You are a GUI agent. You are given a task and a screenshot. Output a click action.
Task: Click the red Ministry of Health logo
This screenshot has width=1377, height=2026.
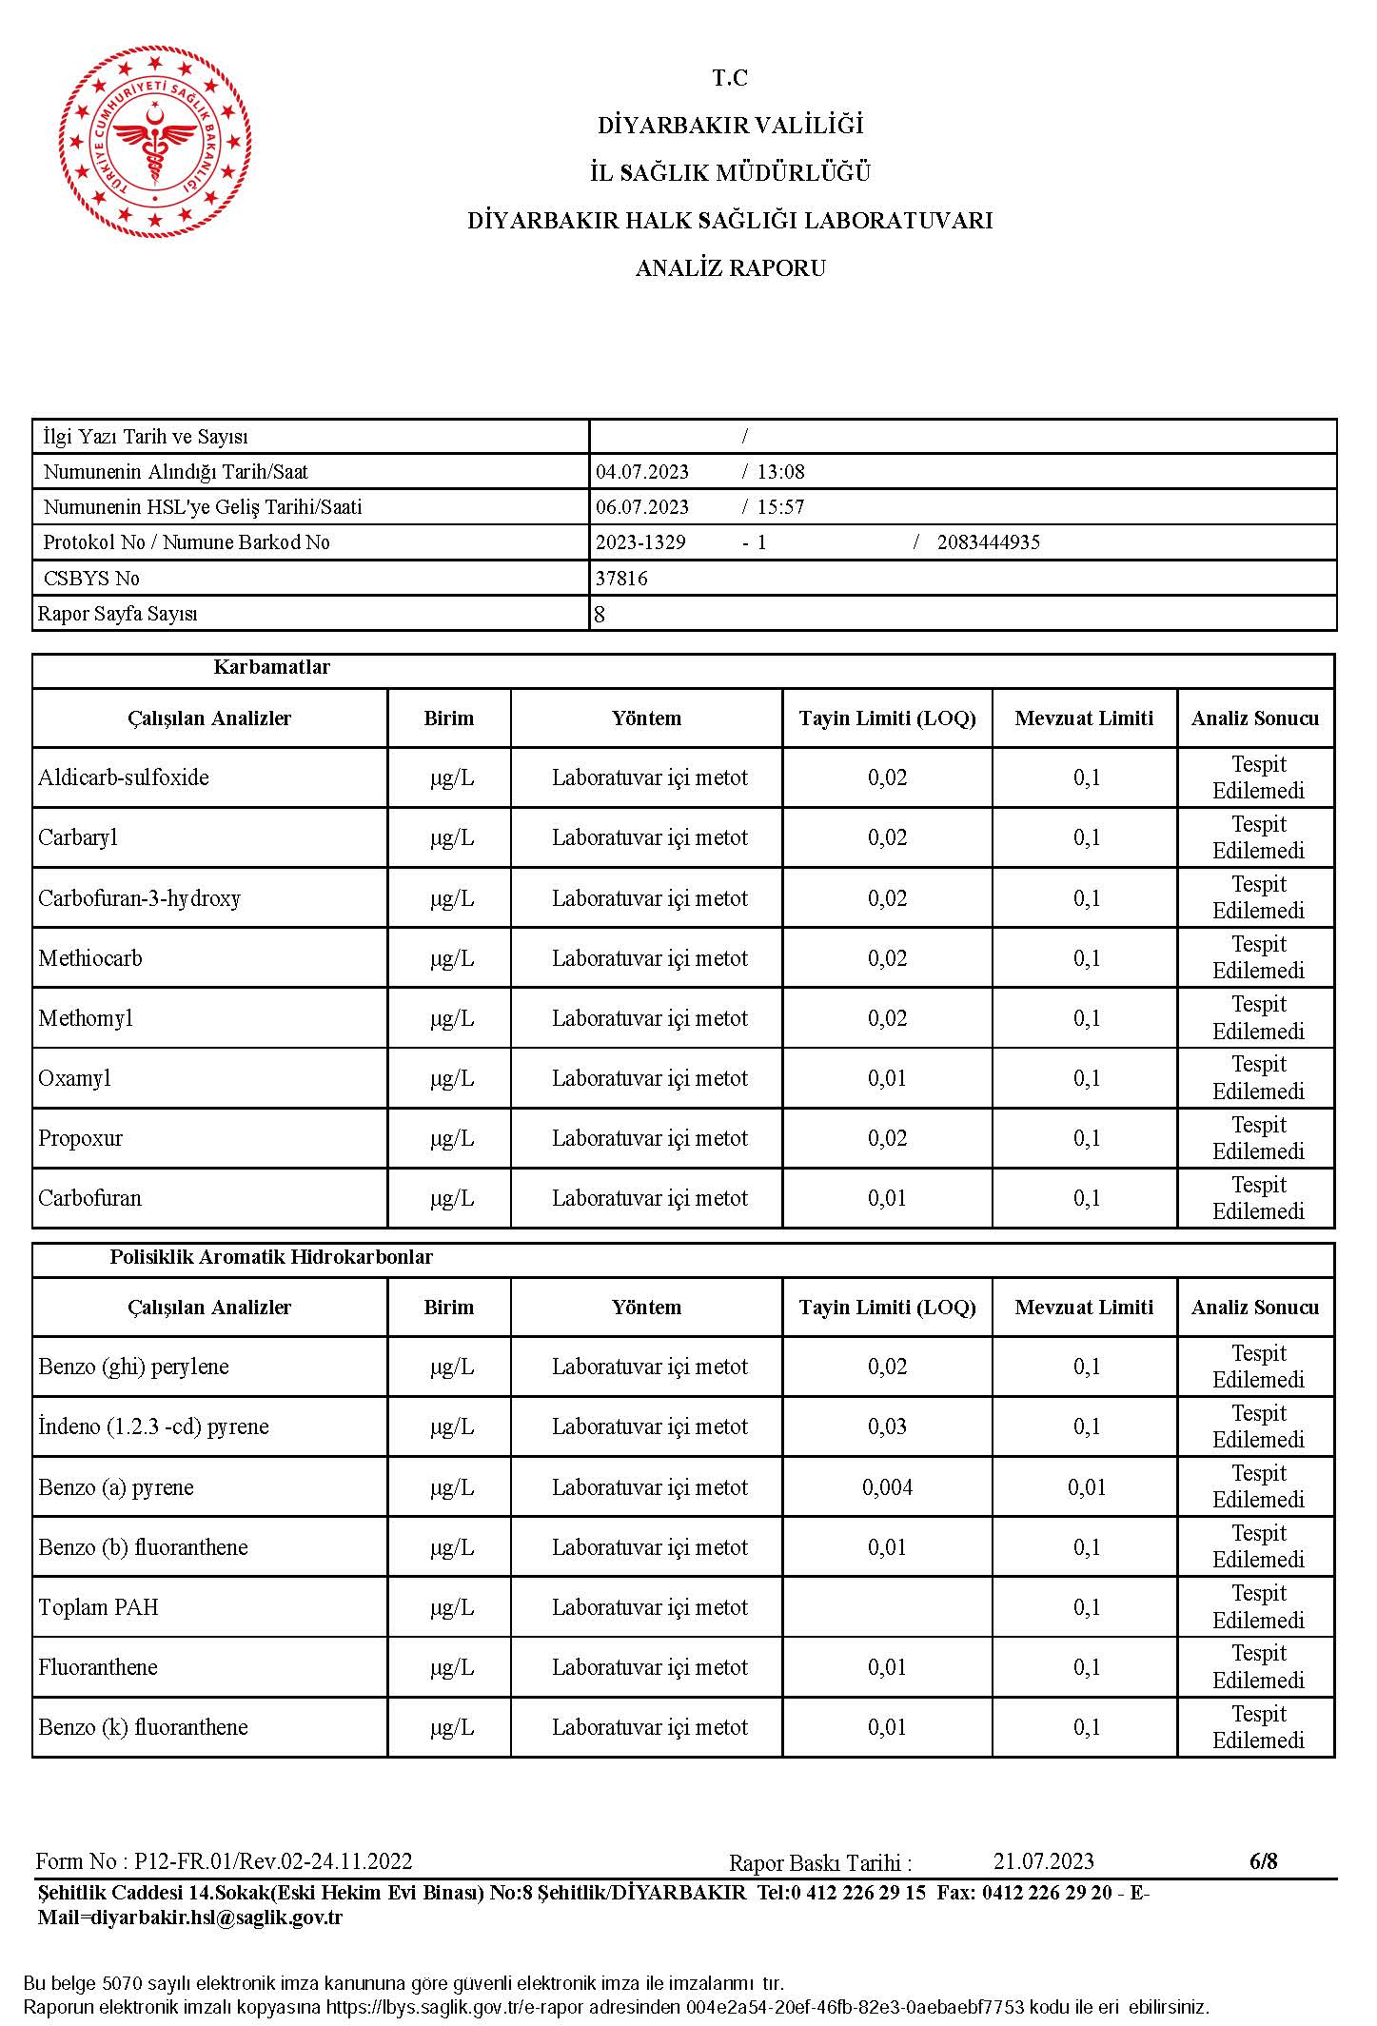[x=156, y=141]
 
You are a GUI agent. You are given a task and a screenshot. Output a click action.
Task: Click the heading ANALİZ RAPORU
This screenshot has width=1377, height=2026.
[x=730, y=268]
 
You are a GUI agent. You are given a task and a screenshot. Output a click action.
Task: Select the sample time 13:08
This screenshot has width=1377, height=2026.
[x=780, y=472]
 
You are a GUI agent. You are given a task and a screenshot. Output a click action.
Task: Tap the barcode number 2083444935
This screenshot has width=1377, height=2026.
[x=988, y=542]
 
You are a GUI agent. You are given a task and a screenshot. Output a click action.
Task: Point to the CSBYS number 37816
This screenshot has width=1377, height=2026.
[x=621, y=579]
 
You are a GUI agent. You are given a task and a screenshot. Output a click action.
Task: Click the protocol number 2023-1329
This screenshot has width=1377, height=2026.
[x=640, y=542]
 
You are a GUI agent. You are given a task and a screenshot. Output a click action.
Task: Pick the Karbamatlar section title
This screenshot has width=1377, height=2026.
[x=271, y=667]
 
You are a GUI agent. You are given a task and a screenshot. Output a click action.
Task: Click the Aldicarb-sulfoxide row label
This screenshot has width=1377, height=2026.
[x=124, y=777]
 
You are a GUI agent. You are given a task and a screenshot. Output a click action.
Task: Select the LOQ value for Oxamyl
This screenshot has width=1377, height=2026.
[x=887, y=1078]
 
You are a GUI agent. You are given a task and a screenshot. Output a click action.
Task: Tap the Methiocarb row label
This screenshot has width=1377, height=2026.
[x=90, y=958]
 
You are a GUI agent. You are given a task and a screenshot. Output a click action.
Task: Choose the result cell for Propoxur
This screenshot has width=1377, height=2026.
[x=1257, y=1138]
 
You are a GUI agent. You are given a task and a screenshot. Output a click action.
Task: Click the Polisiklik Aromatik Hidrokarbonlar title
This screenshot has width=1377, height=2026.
[x=271, y=1257]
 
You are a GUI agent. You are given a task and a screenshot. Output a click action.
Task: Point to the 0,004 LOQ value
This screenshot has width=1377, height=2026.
[x=887, y=1487]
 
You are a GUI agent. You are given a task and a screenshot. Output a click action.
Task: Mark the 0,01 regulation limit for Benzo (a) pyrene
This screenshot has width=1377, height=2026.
[x=1086, y=1487]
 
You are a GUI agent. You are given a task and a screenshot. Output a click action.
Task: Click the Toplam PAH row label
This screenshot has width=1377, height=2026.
[x=98, y=1607]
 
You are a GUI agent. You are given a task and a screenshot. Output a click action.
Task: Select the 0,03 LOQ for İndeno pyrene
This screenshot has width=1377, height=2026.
[x=887, y=1426]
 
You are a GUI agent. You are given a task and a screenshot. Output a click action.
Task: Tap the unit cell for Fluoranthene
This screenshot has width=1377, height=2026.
[x=451, y=1667]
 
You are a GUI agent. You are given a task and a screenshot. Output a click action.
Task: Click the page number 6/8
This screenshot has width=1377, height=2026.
[x=1263, y=1861]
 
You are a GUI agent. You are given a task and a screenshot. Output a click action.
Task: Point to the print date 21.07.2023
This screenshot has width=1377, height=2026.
[x=1043, y=1861]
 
